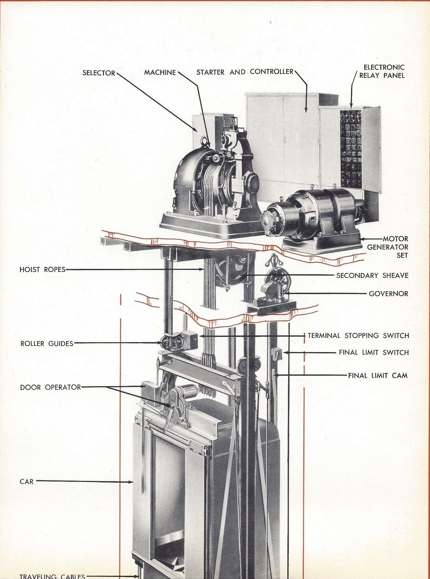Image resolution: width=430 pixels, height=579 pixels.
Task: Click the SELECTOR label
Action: click(99, 73)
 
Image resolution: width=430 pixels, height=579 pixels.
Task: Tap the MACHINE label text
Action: click(160, 72)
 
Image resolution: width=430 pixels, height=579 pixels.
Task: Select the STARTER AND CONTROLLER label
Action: click(245, 72)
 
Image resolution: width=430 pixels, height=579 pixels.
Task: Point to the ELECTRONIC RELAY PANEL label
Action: click(382, 71)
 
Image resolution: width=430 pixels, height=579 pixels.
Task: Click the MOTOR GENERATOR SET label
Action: click(387, 247)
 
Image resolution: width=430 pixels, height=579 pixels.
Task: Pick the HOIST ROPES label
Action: click(43, 270)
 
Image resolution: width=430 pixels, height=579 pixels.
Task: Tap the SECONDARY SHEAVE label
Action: click(372, 275)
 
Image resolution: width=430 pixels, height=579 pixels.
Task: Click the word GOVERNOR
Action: click(388, 294)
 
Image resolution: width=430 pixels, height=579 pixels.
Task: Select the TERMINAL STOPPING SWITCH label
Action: click(358, 336)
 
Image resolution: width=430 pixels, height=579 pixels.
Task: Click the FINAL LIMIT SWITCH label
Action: click(374, 352)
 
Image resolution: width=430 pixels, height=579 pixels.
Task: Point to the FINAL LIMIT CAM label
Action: click(378, 375)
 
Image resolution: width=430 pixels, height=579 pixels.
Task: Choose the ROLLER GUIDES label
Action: click(47, 343)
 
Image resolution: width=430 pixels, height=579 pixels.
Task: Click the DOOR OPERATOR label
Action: click(51, 387)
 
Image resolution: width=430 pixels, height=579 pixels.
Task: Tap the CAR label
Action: click(27, 482)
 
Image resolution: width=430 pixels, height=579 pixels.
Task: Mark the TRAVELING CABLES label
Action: click(52, 576)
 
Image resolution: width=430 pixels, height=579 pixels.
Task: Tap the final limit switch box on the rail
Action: click(276, 353)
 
